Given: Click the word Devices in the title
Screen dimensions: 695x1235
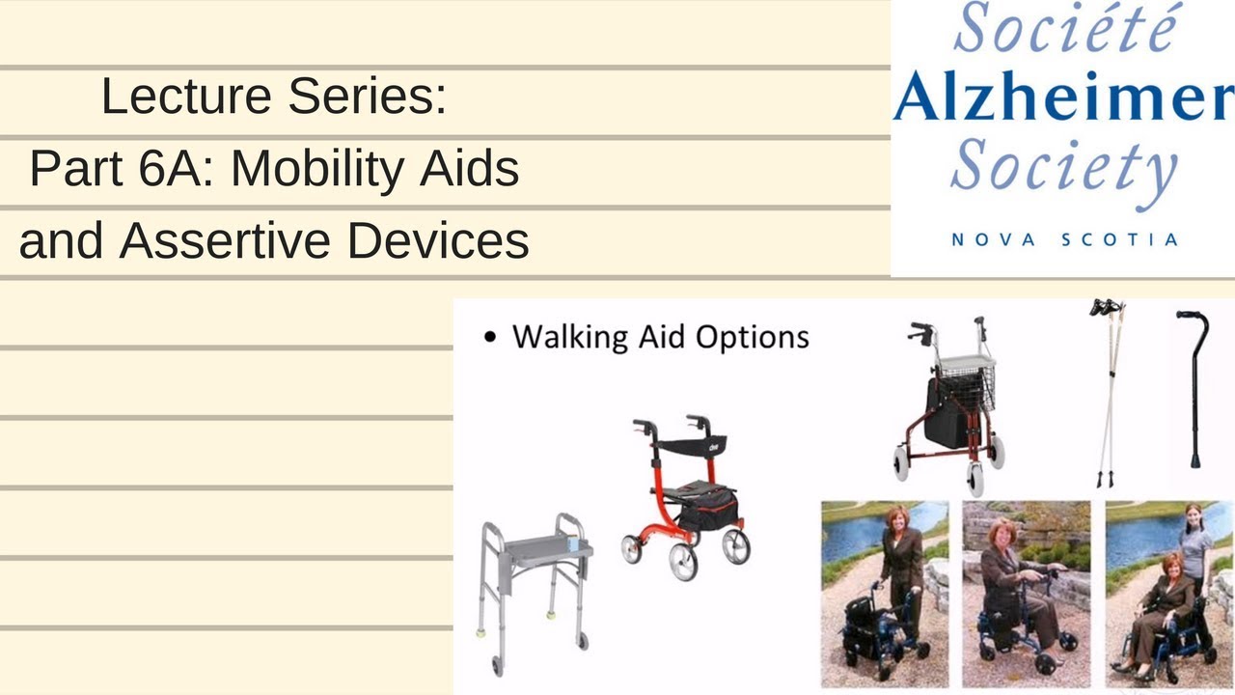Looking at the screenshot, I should point(438,240).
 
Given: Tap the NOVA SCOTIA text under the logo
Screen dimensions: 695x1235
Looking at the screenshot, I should point(1064,239).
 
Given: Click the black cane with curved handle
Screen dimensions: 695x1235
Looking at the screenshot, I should point(1193,386).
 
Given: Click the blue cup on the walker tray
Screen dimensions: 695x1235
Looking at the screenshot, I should point(572,544).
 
